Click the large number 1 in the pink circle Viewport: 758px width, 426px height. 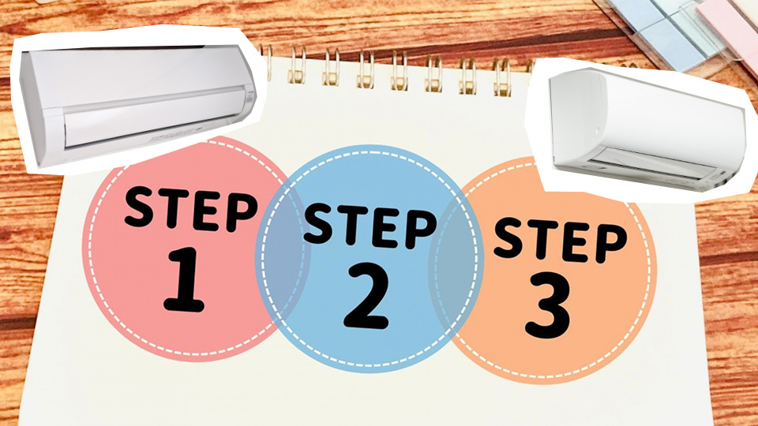click(x=183, y=279)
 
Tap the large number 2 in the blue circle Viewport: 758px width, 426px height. click(x=366, y=297)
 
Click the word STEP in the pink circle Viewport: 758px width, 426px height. click(x=190, y=207)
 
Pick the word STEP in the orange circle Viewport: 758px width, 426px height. click(x=560, y=241)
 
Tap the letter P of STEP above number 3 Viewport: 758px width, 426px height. click(x=610, y=245)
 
